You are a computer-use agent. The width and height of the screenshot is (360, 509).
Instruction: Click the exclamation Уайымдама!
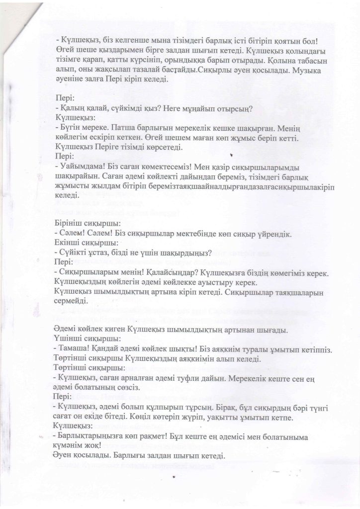click(81, 167)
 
